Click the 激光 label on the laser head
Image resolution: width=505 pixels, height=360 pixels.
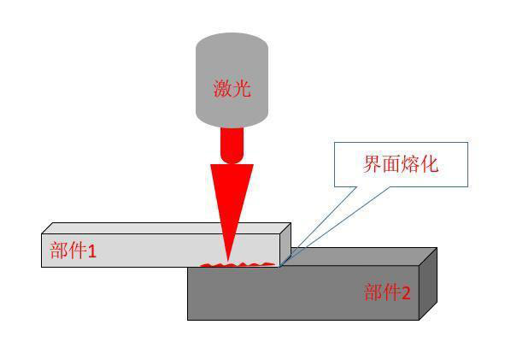click(232, 88)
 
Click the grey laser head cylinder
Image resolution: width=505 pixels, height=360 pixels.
click(232, 80)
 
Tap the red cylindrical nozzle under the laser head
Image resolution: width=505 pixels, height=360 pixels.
click(232, 145)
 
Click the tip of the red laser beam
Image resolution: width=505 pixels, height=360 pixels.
click(228, 261)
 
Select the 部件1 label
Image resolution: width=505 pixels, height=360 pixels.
click(73, 251)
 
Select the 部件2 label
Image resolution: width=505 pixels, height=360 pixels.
click(387, 292)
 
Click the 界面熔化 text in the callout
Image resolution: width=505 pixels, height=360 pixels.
click(401, 164)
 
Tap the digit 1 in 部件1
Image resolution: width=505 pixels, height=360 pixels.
click(91, 251)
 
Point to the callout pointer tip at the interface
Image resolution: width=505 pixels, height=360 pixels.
click(279, 267)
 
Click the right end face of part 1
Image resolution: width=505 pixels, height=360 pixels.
click(285, 244)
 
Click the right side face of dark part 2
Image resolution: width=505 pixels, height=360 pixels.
click(428, 284)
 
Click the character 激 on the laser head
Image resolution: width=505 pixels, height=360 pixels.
click(222, 88)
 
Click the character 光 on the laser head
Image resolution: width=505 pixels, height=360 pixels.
click(242, 88)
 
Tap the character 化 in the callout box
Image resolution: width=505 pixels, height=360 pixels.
click(429, 164)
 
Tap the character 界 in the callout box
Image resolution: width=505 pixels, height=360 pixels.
click(373, 164)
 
